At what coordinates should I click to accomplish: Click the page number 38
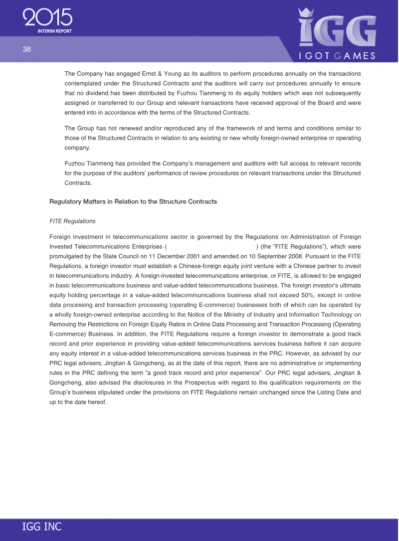tap(26, 49)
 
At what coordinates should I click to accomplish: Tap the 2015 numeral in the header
tap(47, 18)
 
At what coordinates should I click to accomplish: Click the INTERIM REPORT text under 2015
tap(54, 31)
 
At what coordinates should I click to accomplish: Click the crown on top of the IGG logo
tap(306, 14)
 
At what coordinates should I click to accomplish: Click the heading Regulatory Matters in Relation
tap(133, 201)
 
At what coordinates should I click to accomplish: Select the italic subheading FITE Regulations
tap(72, 221)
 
